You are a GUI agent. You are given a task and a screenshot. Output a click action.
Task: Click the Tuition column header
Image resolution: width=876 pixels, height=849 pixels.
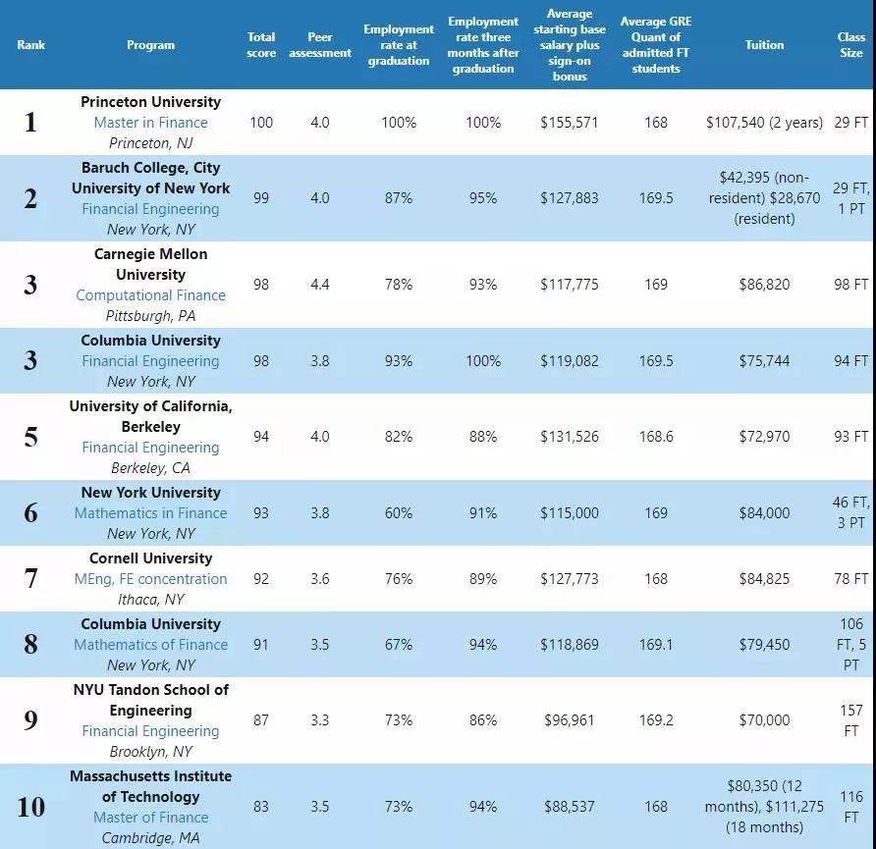(764, 44)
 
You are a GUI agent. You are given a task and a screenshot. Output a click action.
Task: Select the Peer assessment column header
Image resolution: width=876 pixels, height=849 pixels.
(319, 44)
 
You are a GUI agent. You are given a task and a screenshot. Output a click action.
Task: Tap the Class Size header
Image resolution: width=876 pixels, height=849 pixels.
(850, 44)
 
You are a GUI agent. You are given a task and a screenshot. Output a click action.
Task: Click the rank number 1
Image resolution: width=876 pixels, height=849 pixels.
(30, 123)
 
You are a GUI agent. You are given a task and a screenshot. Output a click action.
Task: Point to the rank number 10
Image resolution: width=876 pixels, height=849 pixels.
(30, 807)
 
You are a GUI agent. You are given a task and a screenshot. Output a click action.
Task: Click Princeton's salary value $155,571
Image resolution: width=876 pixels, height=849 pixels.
(569, 123)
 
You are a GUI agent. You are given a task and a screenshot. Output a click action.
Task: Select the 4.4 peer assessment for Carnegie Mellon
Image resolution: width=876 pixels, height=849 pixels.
(319, 284)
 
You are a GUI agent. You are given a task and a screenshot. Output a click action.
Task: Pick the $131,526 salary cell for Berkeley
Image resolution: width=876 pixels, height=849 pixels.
(569, 436)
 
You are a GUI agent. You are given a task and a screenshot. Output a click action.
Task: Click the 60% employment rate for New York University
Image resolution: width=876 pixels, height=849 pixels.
(399, 512)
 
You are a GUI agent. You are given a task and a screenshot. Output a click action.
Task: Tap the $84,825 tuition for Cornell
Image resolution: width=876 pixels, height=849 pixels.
(764, 578)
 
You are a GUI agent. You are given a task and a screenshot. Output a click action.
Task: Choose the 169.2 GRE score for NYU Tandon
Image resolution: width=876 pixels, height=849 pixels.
(655, 720)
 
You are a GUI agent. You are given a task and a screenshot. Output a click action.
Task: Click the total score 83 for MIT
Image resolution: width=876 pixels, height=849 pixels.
(261, 807)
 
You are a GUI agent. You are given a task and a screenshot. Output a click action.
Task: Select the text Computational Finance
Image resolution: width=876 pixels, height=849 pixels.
(151, 294)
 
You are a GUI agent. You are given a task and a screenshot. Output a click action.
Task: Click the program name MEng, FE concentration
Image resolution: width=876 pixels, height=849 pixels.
(151, 579)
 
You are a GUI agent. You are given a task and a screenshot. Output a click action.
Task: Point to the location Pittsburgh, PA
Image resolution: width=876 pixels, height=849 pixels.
(151, 316)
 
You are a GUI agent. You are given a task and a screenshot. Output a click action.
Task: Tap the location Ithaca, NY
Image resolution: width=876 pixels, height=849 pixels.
(151, 600)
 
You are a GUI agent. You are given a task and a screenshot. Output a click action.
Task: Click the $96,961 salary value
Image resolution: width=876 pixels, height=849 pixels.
(569, 720)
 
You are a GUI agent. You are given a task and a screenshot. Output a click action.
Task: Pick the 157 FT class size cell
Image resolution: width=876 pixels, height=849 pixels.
(850, 720)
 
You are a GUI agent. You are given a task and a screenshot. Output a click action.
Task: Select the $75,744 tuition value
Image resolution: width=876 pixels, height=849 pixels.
(764, 360)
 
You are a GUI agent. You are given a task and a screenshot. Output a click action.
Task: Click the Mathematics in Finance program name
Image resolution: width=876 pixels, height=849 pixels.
(151, 513)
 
